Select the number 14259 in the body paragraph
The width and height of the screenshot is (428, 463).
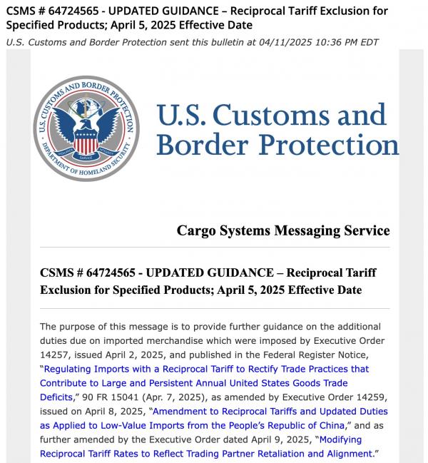click(x=370, y=397)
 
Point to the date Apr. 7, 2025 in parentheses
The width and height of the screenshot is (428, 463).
click(x=166, y=397)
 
